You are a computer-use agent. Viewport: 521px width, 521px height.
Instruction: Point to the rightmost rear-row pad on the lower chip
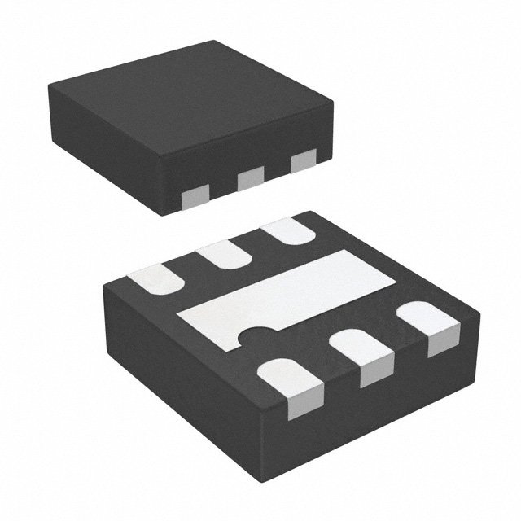coord(290,233)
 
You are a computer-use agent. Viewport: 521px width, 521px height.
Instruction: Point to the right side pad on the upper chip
coord(302,160)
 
